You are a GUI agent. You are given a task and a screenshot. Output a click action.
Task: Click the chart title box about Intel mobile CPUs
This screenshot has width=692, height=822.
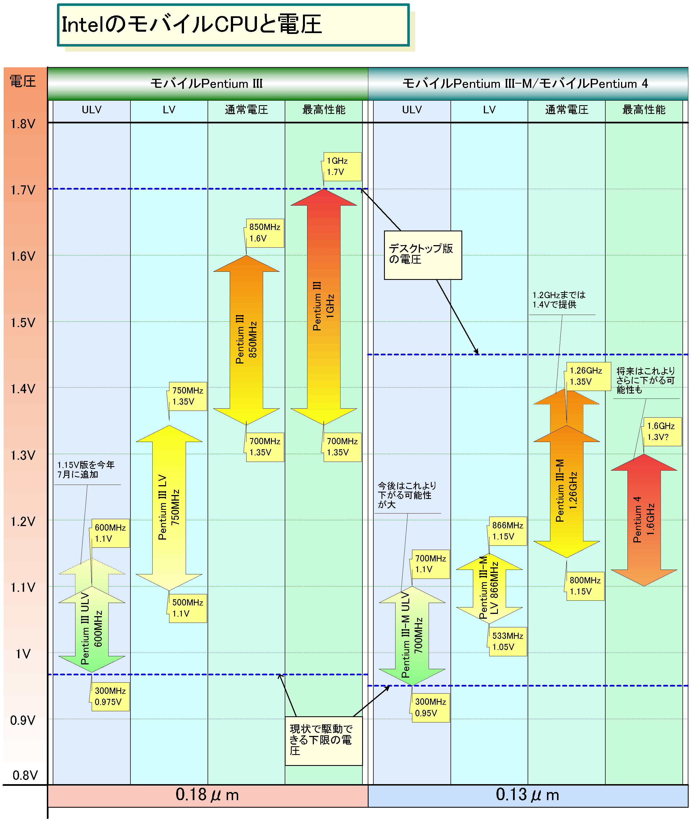coord(233,25)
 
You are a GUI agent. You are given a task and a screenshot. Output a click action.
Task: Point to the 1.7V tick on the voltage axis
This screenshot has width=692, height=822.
coord(23,190)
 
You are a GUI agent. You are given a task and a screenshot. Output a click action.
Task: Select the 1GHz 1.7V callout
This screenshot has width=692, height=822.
coord(342,167)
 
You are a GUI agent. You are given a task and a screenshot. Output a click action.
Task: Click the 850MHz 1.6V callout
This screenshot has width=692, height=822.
coord(265,233)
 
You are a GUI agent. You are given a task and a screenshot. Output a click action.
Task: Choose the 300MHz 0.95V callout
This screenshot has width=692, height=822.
coord(430,708)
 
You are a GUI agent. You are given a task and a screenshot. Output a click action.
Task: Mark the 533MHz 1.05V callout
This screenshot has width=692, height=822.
coord(508,642)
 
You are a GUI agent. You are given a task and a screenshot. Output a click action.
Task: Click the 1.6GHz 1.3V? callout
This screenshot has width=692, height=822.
coord(662,431)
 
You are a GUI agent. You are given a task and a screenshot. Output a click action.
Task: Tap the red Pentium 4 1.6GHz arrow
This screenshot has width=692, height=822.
coord(644,520)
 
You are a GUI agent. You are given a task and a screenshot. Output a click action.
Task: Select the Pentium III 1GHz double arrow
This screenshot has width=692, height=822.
coord(324,307)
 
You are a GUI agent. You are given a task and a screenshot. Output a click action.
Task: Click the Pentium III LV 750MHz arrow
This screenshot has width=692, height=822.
coord(169,508)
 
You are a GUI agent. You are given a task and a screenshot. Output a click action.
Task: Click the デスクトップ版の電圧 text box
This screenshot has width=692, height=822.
coord(423,255)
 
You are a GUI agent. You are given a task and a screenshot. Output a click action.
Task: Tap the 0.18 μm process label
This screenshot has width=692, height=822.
coord(208,795)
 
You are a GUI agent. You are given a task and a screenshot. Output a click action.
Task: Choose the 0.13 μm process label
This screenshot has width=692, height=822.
coord(528,795)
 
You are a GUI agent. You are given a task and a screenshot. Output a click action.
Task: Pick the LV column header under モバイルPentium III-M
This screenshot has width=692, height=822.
coord(489,110)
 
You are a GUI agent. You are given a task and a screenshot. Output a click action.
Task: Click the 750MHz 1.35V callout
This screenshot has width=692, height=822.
coord(187,396)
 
